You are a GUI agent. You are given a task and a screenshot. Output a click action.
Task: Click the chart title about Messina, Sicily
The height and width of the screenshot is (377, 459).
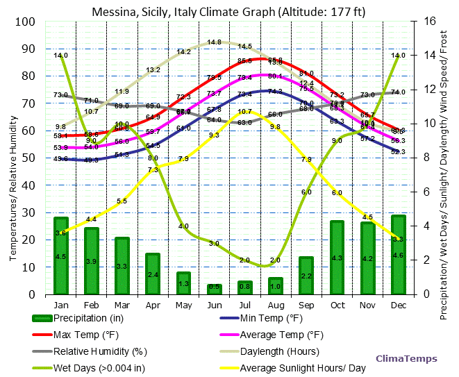click(229, 12)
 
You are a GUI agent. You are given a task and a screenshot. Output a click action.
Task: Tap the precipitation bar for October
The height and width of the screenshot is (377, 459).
click(337, 258)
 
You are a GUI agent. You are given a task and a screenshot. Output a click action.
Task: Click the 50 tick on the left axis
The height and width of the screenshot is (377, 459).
click(28, 158)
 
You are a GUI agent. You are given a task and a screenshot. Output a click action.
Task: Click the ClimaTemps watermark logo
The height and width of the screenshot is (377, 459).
click(406, 358)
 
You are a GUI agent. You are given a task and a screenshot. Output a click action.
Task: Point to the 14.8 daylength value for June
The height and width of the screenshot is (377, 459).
click(214, 42)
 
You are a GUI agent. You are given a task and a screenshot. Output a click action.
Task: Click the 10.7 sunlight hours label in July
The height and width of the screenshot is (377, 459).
click(244, 112)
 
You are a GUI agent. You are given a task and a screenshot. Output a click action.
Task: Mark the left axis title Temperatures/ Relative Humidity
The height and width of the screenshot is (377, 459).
click(12, 157)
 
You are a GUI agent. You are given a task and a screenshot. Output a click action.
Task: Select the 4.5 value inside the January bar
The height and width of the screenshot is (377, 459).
click(61, 257)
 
